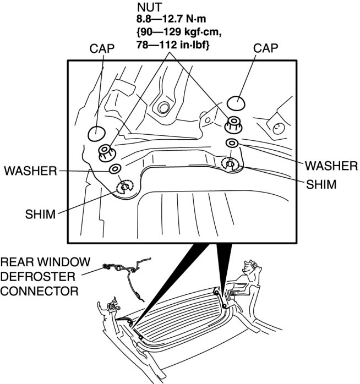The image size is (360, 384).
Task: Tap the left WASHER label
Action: (30, 171)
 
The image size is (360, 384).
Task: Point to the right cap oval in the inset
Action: (237, 103)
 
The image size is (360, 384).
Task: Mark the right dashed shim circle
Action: (230, 163)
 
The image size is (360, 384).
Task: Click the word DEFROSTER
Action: (32, 275)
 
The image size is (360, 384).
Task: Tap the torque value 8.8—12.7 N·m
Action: (167, 22)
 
